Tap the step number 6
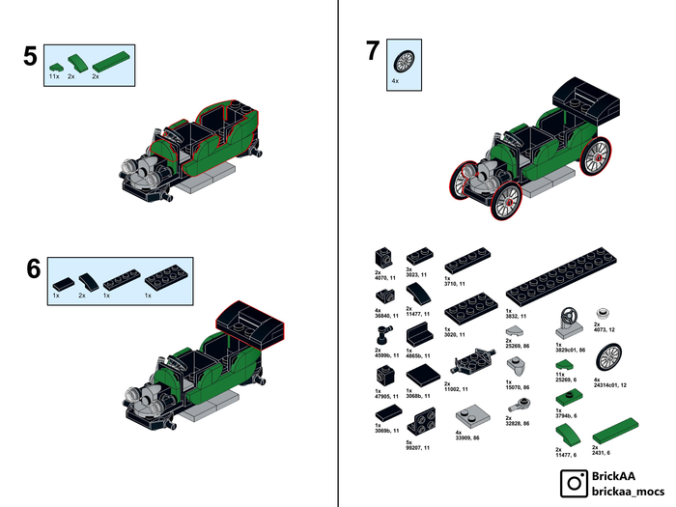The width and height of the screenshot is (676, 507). pyautogui.click(x=33, y=268)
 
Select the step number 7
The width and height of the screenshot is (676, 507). pyautogui.click(x=372, y=51)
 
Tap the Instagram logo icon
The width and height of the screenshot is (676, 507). pyautogui.click(x=577, y=482)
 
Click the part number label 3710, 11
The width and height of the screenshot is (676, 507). pyautogui.click(x=455, y=283)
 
